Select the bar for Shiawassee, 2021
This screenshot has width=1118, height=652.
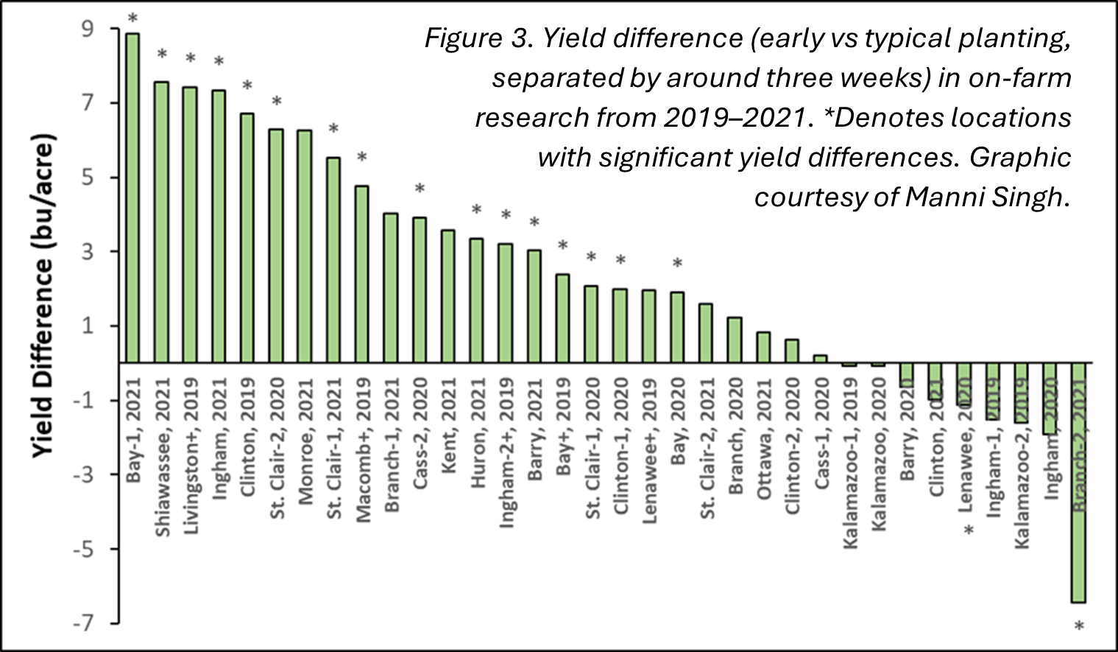[x=161, y=222]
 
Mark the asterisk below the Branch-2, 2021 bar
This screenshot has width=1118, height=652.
[x=1079, y=628]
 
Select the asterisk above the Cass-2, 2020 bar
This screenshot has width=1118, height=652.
[x=420, y=189]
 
